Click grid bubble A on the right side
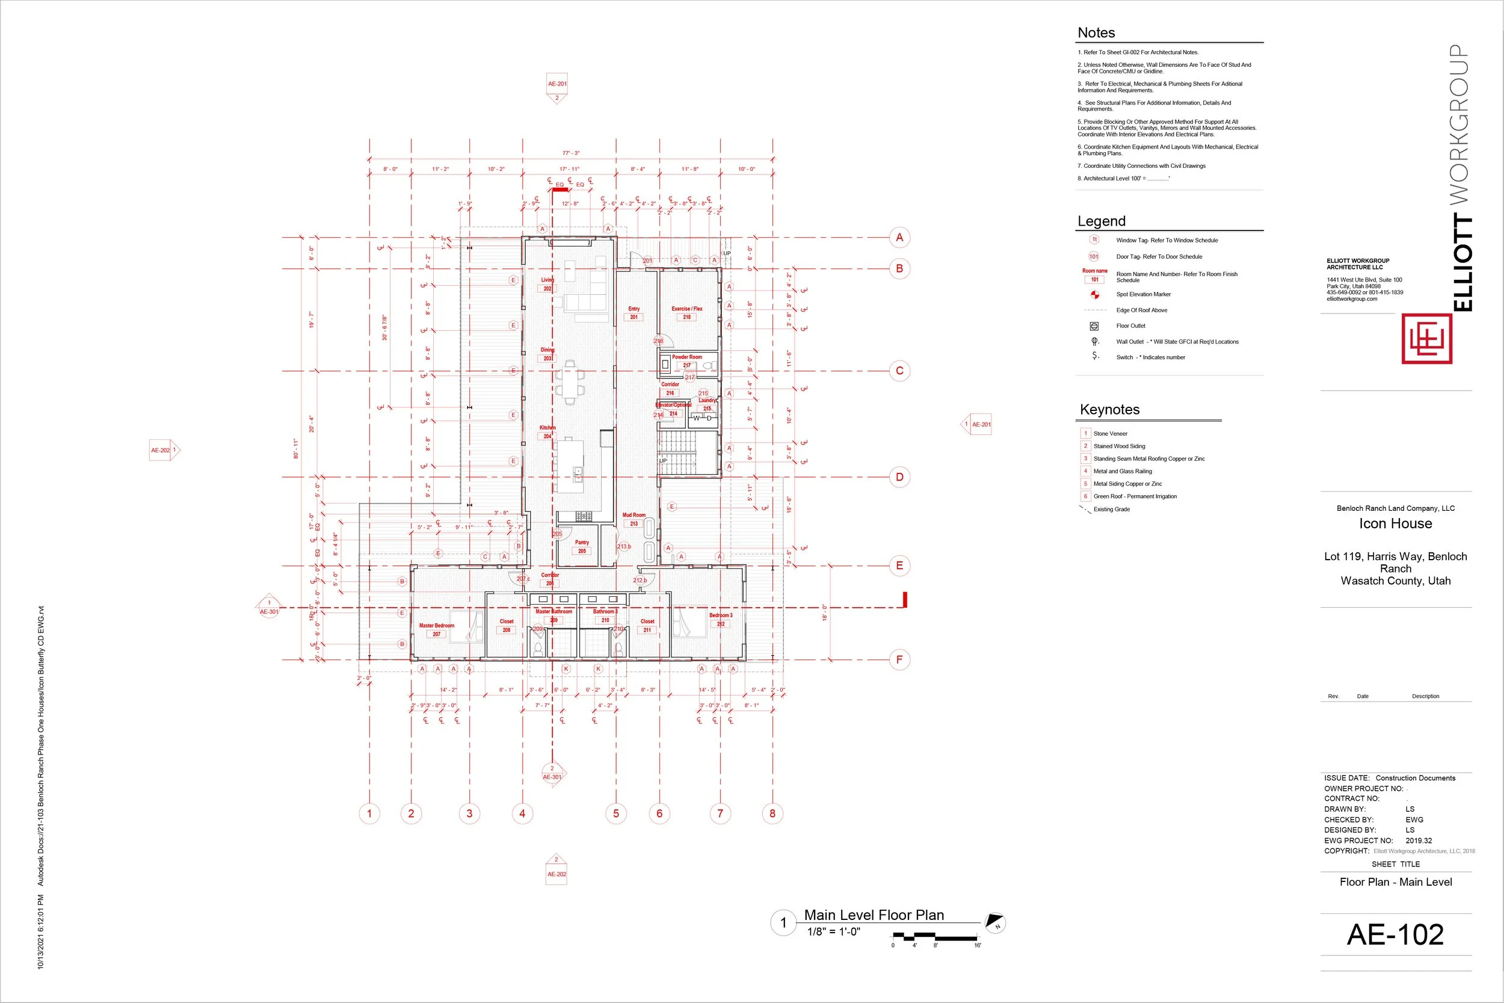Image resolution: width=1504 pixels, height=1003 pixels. click(899, 237)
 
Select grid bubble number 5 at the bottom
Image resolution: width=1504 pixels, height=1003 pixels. click(616, 813)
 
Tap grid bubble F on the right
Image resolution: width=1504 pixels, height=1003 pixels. click(899, 659)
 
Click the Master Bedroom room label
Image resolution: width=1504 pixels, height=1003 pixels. click(437, 626)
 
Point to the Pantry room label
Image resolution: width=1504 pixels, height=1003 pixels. click(582, 543)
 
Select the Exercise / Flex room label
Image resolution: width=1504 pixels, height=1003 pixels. click(687, 309)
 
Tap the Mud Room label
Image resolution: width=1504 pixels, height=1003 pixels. click(633, 515)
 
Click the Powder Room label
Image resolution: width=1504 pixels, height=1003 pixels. click(687, 357)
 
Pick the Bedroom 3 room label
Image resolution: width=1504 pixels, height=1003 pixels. click(721, 616)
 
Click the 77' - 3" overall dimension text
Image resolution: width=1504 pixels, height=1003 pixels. click(570, 153)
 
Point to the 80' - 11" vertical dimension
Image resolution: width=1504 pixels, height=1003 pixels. click(296, 448)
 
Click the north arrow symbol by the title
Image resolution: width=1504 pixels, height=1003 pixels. click(994, 922)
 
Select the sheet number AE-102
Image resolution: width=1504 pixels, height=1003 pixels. click(1395, 934)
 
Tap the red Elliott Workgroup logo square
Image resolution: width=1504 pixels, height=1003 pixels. click(1426, 338)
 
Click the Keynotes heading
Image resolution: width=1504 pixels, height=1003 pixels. click(1109, 409)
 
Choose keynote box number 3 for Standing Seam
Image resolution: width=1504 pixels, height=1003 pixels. click(1085, 458)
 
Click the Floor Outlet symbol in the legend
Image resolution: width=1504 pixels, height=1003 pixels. click(1094, 326)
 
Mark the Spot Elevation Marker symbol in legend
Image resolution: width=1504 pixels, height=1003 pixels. click(1094, 295)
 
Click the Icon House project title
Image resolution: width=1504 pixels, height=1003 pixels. click(1395, 523)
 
